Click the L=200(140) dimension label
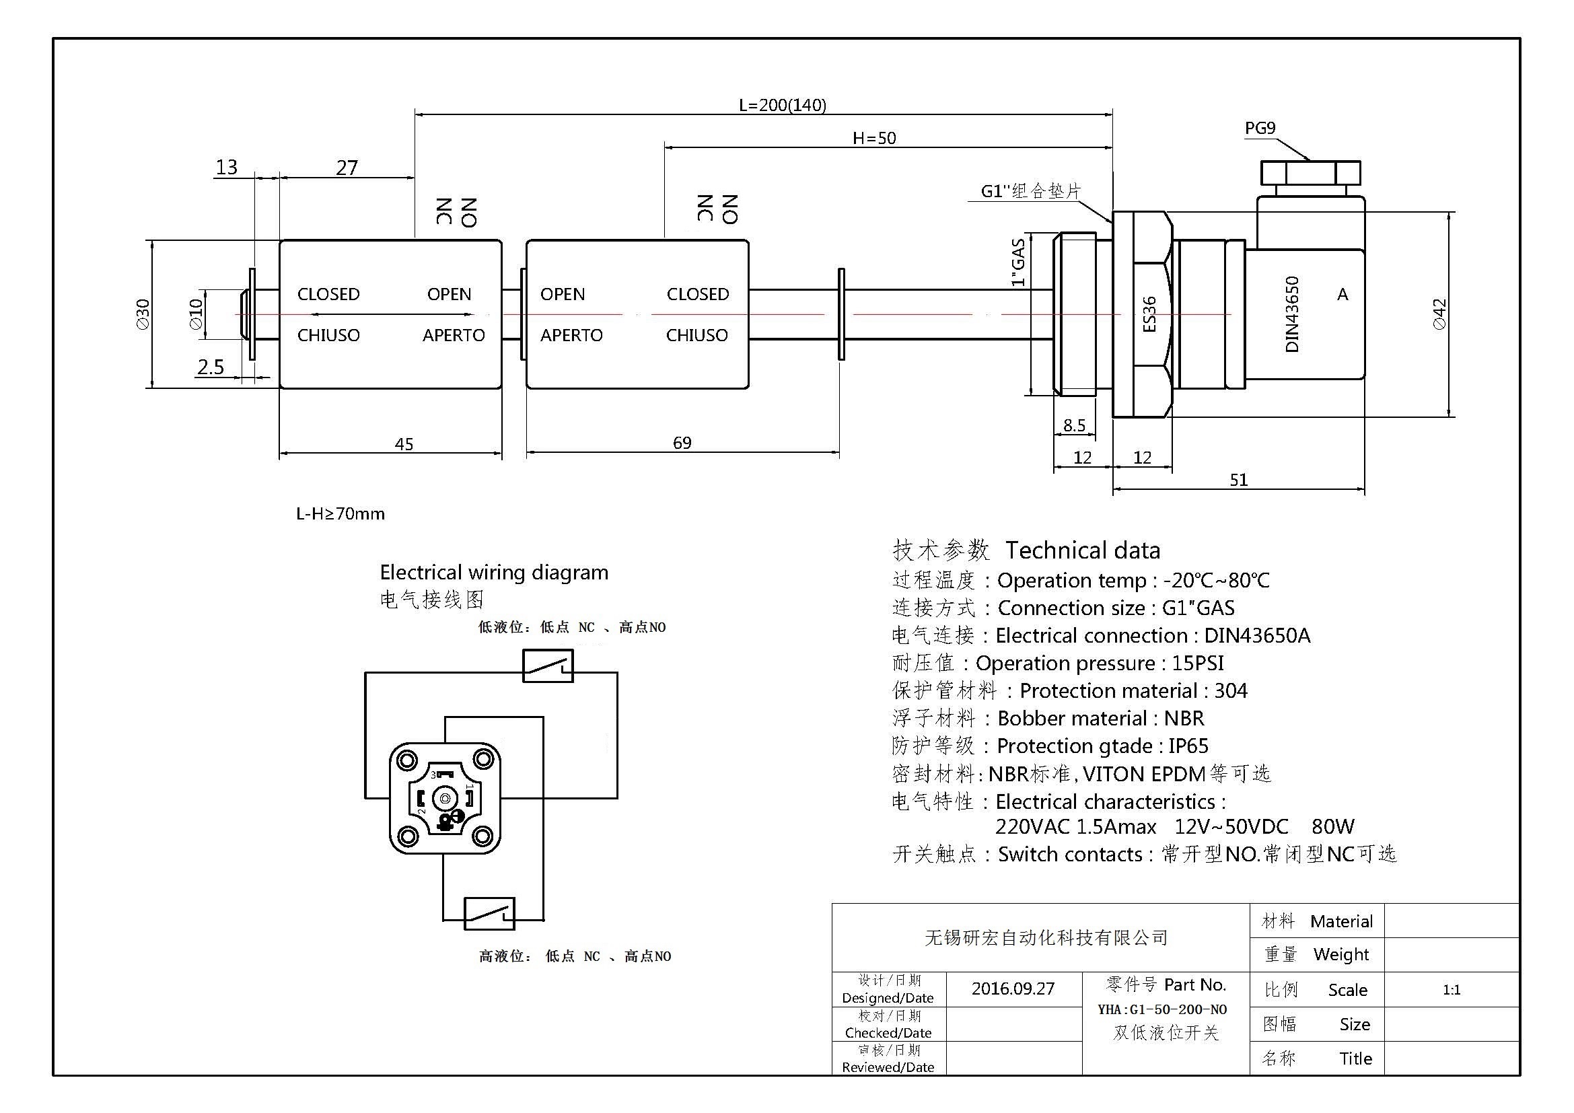[x=782, y=105]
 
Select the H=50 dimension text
[x=874, y=139]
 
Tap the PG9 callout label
[x=1260, y=128]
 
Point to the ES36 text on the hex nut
[x=1149, y=314]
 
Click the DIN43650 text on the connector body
[x=1291, y=314]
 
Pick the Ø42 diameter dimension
[x=1439, y=314]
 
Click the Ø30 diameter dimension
[x=143, y=314]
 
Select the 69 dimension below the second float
[x=682, y=443]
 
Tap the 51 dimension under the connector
[x=1238, y=480]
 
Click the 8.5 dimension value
[x=1073, y=425]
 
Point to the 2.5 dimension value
[x=211, y=367]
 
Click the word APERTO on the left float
[x=453, y=335]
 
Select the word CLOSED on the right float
[x=697, y=294]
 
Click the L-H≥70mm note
[x=340, y=514]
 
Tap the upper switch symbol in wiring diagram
[x=548, y=666]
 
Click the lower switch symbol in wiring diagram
[x=489, y=914]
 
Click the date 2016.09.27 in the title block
[x=1013, y=989]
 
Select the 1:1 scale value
[x=1452, y=990]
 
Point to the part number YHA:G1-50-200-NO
[x=1162, y=1009]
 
